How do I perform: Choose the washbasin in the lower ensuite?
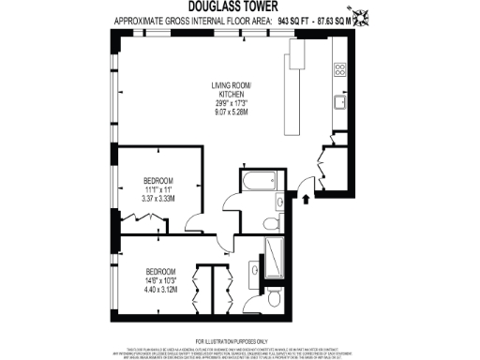pyautogui.click(x=256, y=272)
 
